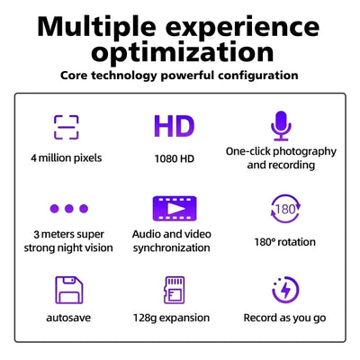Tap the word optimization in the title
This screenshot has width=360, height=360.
(x=180, y=51)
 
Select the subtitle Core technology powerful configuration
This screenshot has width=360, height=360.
(x=180, y=76)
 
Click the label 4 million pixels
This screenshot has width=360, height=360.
(x=66, y=158)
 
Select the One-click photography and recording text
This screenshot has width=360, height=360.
(x=282, y=158)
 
